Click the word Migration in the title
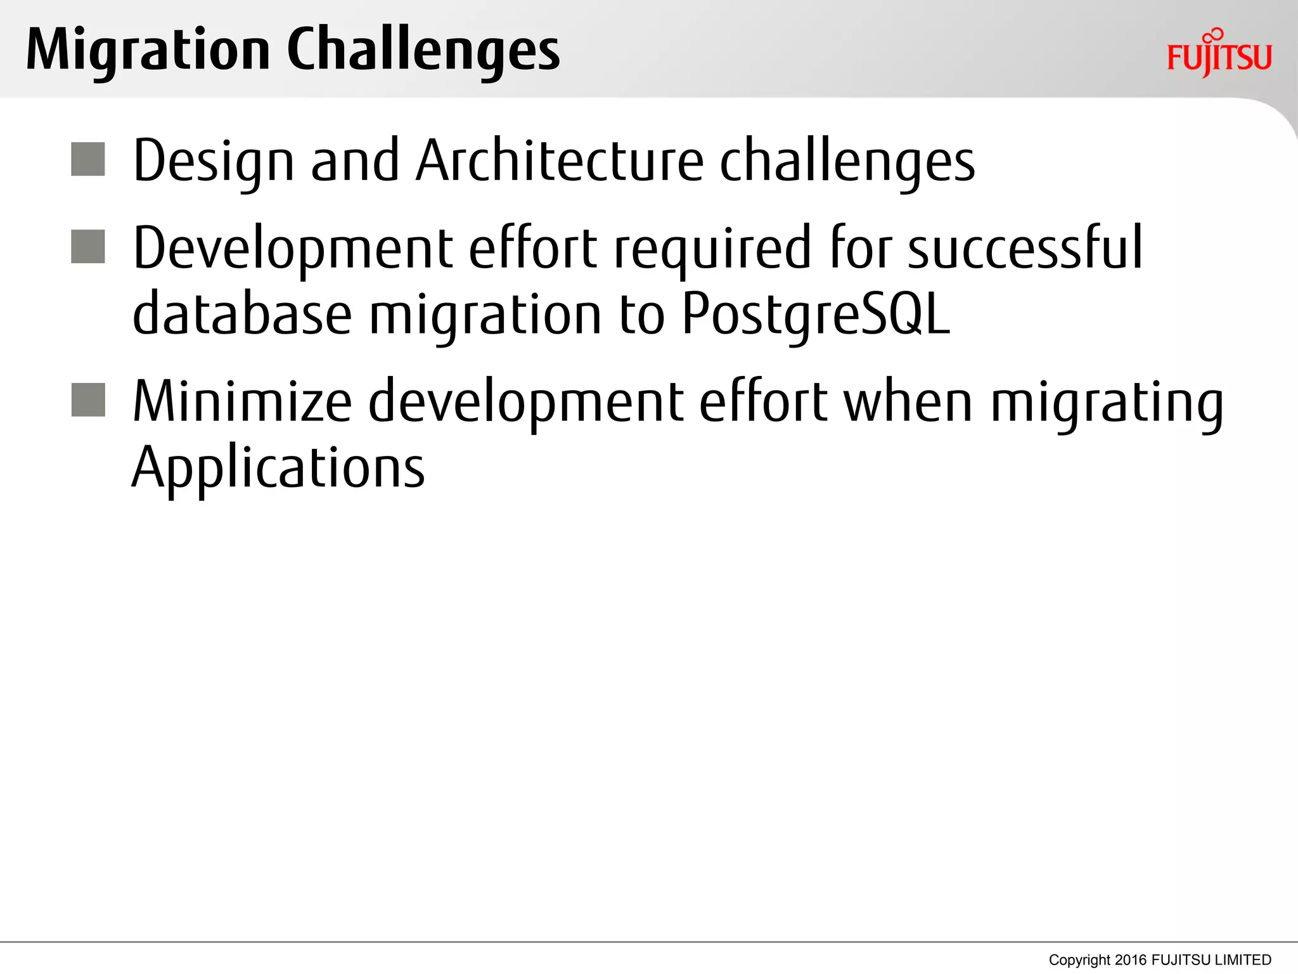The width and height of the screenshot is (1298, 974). pos(148,51)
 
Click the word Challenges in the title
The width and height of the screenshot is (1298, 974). pos(423,51)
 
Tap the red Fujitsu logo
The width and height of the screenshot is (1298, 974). pos(1219,55)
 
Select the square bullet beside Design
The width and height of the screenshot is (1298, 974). pos(88,159)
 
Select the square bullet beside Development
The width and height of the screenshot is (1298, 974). pos(88,247)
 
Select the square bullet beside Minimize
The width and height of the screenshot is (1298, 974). pos(88,400)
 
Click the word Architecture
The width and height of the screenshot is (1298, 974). pos(560,161)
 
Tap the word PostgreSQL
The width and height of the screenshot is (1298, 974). pos(816,315)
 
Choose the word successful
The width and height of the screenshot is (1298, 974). pos(1025,248)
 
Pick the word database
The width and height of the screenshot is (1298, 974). pos(242,314)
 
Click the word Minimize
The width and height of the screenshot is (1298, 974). pos(241,401)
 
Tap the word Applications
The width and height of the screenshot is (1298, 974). pos(278,469)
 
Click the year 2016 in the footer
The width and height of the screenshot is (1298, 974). pos(1130,959)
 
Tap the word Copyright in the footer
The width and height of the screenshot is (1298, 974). pos(1079,960)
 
